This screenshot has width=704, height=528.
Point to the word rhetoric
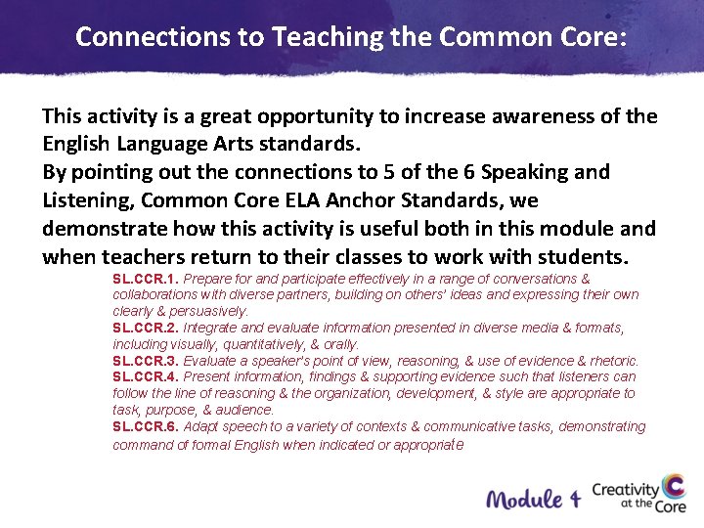coord(608,361)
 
